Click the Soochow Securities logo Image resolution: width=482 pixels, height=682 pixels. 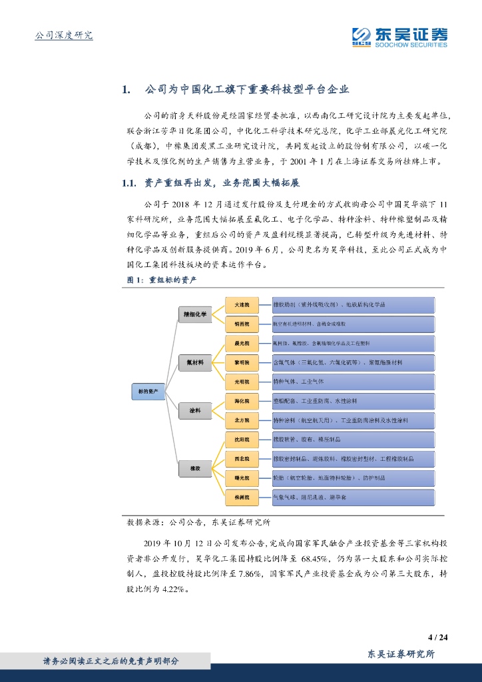[x=399, y=37]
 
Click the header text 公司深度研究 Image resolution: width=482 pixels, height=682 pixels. [x=63, y=35]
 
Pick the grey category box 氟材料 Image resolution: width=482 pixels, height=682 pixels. [x=195, y=363]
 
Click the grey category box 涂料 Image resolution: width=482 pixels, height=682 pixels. [x=195, y=411]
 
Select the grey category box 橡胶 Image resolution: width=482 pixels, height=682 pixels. [x=195, y=469]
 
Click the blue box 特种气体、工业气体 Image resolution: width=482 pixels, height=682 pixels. [x=353, y=382]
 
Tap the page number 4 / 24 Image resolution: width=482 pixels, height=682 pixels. [x=437, y=637]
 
